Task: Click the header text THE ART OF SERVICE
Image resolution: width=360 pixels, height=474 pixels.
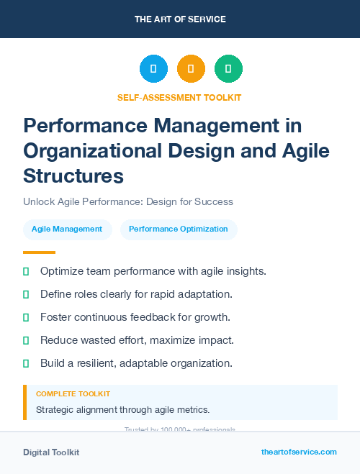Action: [x=180, y=19]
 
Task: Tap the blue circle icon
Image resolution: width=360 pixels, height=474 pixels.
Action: [x=153, y=69]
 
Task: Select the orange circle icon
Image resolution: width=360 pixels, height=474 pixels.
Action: [x=191, y=69]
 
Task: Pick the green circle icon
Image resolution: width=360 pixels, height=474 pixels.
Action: [x=228, y=69]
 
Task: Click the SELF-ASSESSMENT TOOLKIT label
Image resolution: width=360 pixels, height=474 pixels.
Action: [x=180, y=97]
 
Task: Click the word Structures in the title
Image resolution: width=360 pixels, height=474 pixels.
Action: [x=73, y=176]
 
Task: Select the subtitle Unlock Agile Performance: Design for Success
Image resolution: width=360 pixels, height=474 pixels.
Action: [x=128, y=201]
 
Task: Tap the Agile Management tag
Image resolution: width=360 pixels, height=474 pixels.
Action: [x=67, y=229]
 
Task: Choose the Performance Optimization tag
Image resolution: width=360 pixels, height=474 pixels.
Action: [x=179, y=229]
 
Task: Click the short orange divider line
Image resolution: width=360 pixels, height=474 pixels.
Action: [x=39, y=252]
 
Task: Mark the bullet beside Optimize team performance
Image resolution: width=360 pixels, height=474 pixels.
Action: [x=26, y=271]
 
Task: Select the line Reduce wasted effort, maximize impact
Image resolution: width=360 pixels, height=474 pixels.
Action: [x=137, y=340]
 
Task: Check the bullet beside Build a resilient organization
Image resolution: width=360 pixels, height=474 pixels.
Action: [x=26, y=363]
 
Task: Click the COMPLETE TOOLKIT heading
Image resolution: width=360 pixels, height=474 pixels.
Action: [x=73, y=394]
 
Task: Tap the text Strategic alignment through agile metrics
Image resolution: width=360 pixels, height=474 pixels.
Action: [x=122, y=410]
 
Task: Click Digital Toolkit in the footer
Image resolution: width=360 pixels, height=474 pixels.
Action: [x=51, y=452]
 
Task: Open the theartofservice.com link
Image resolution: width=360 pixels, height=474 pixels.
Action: [x=299, y=452]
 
